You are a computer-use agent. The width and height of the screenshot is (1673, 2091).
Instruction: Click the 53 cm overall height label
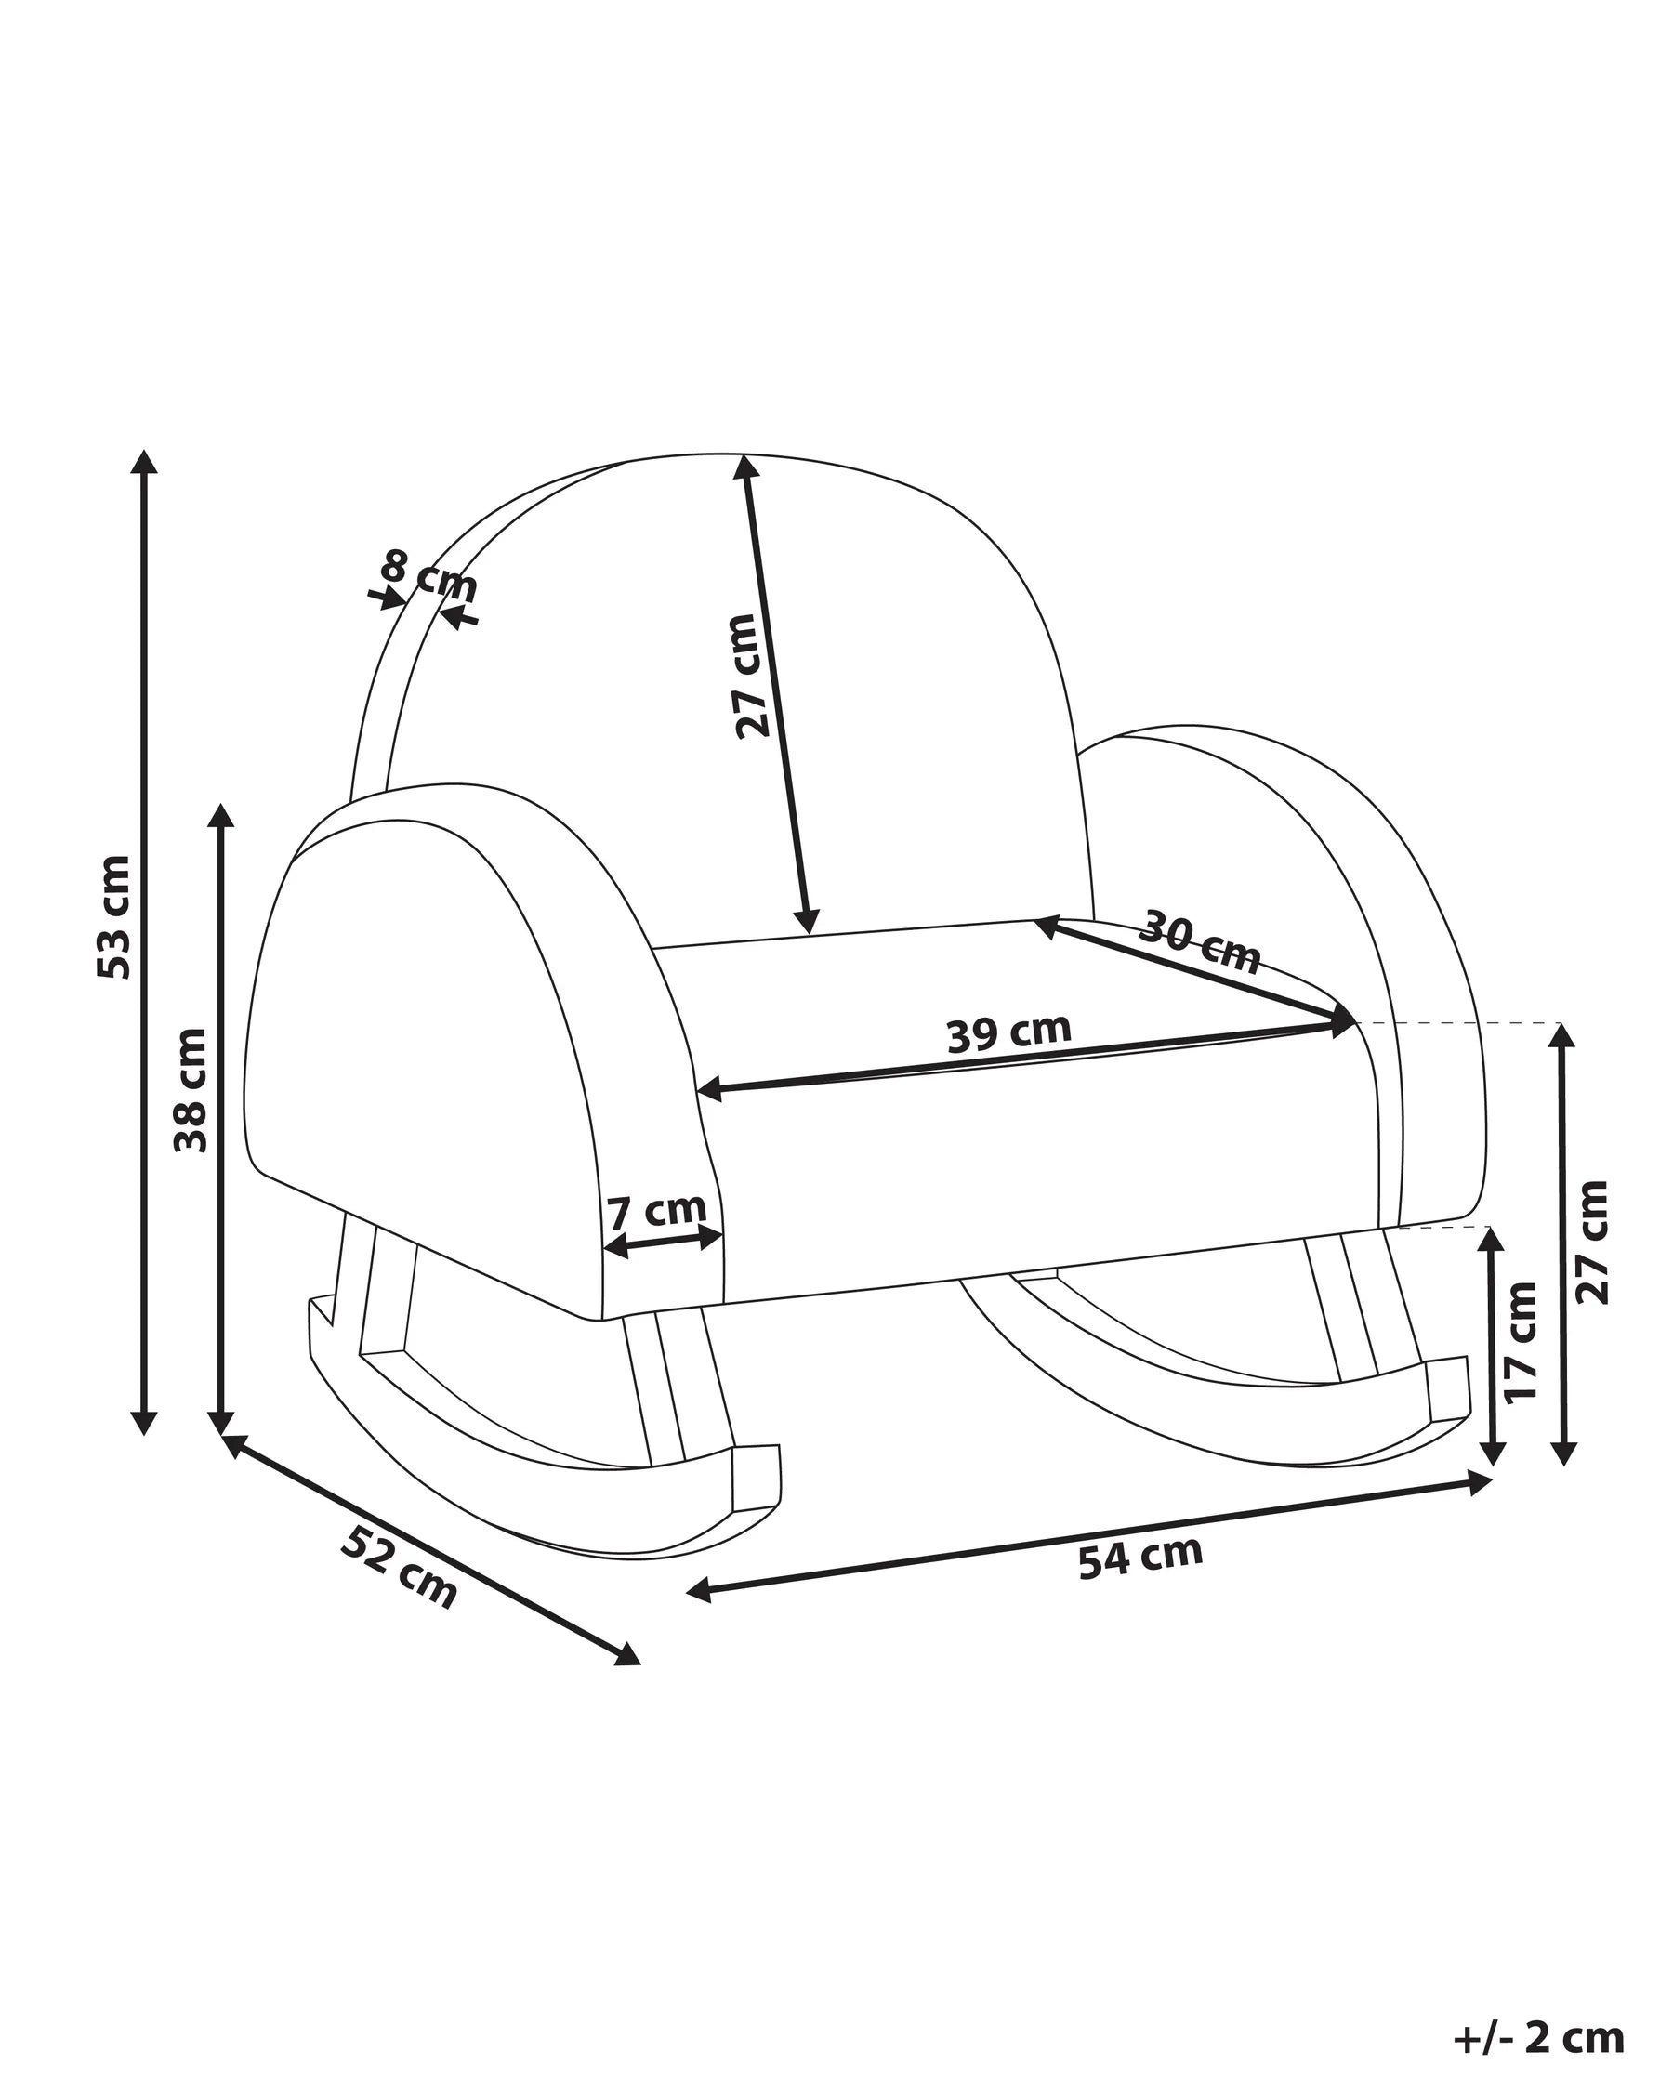[x=114, y=916]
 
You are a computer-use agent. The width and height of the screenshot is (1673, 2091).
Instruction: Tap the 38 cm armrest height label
[x=191, y=1090]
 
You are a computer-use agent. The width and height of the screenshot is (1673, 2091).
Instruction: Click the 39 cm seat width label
[x=1008, y=1032]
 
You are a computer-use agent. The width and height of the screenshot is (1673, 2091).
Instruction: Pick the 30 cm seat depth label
[x=1199, y=940]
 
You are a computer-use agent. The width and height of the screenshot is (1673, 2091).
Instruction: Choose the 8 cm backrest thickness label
[x=429, y=574]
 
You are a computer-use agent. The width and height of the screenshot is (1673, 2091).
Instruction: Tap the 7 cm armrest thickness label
[x=656, y=1211]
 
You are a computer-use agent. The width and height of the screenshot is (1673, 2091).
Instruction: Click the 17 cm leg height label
[x=1521, y=1341]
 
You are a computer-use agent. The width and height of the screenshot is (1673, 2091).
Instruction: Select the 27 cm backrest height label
[x=752, y=676]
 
